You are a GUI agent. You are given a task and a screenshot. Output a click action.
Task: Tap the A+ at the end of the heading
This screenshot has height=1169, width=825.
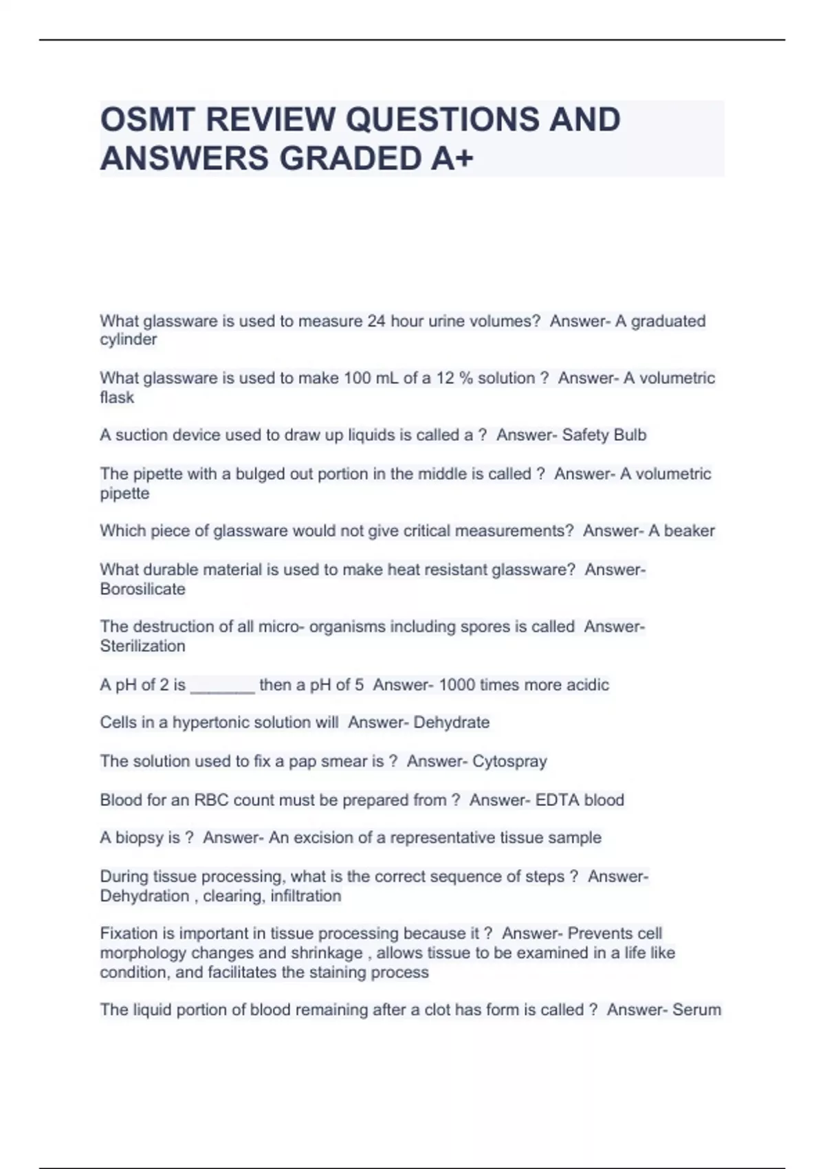pyautogui.click(x=452, y=159)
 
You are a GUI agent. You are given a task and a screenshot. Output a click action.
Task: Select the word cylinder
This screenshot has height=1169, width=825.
pyautogui.click(x=129, y=340)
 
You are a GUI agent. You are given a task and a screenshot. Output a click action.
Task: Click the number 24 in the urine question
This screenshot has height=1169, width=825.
pyautogui.click(x=376, y=321)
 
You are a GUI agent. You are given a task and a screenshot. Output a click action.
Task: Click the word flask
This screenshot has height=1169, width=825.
pyautogui.click(x=117, y=397)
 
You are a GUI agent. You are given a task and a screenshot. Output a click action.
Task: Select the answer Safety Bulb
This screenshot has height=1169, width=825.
pyautogui.click(x=604, y=435)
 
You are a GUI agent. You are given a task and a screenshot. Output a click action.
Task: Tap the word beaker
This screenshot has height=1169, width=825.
pyautogui.click(x=689, y=531)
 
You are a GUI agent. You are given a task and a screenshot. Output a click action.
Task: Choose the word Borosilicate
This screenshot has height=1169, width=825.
pyautogui.click(x=142, y=589)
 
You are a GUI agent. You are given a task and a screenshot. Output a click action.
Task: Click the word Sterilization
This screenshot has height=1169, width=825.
pyautogui.click(x=142, y=646)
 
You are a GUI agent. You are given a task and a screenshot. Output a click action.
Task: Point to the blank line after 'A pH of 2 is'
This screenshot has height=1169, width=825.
pyautogui.click(x=222, y=686)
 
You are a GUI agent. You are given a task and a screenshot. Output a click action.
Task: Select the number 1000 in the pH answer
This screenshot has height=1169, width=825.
pyautogui.click(x=456, y=685)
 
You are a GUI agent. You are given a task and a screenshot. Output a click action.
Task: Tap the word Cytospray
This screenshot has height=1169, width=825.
pyautogui.click(x=509, y=761)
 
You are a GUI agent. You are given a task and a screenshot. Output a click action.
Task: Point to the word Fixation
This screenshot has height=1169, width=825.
pyautogui.click(x=129, y=934)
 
